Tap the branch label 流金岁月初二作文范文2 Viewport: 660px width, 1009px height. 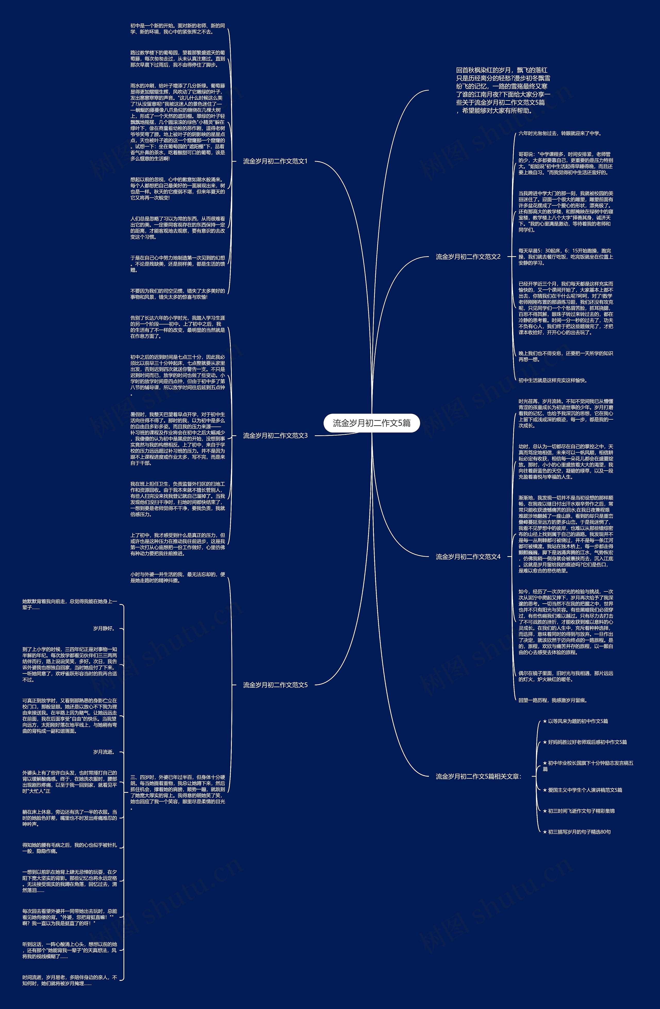pos(468,256)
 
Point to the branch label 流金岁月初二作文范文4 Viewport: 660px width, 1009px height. pos(468,557)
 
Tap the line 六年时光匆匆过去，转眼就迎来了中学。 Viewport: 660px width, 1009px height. pos(560,133)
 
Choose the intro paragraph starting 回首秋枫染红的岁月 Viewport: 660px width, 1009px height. pos(503,90)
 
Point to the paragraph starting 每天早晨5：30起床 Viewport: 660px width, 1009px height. pos(565,256)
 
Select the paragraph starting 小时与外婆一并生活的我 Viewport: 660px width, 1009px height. pos(177,577)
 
